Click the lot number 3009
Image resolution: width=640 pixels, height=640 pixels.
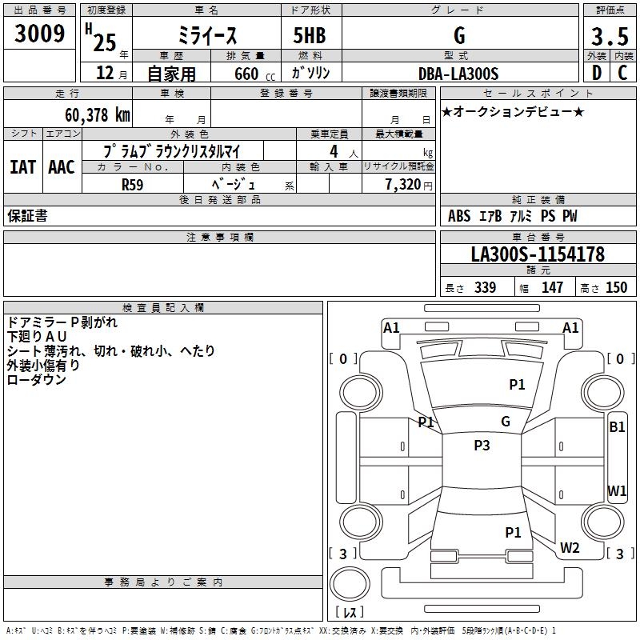click(40, 34)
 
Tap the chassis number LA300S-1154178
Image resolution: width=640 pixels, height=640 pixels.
click(538, 254)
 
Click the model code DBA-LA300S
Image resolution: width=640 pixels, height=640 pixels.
click(458, 74)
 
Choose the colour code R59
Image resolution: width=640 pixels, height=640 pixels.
click(133, 184)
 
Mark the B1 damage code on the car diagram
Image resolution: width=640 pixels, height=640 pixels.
click(617, 427)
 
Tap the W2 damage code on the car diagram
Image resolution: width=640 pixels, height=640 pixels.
click(570, 548)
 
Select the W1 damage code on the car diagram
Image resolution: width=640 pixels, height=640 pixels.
click(617, 490)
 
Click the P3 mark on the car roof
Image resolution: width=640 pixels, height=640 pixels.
click(482, 446)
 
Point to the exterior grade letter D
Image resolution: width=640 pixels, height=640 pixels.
click(596, 74)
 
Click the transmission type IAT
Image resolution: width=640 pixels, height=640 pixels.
click(22, 167)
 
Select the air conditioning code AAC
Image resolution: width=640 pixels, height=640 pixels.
click(61, 167)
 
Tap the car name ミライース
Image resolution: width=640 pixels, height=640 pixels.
click(206, 36)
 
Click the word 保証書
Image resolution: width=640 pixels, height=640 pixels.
click(27, 216)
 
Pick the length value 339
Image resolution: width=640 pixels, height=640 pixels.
click(485, 288)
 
